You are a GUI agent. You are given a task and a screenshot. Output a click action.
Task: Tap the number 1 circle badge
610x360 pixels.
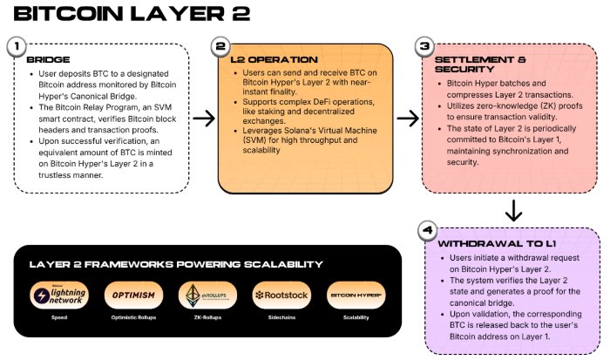tap(14, 45)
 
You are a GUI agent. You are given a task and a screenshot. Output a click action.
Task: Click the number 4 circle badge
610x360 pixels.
tap(425, 231)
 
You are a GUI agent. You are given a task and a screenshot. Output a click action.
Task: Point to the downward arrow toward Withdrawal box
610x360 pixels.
tap(514, 210)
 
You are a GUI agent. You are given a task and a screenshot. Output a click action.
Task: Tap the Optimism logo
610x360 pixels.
tap(133, 295)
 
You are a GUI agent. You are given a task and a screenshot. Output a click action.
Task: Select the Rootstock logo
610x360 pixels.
tap(281, 295)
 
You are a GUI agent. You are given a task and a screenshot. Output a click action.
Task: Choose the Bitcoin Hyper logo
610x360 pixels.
tap(356, 295)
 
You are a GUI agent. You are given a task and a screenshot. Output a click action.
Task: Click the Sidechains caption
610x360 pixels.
tap(281, 319)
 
